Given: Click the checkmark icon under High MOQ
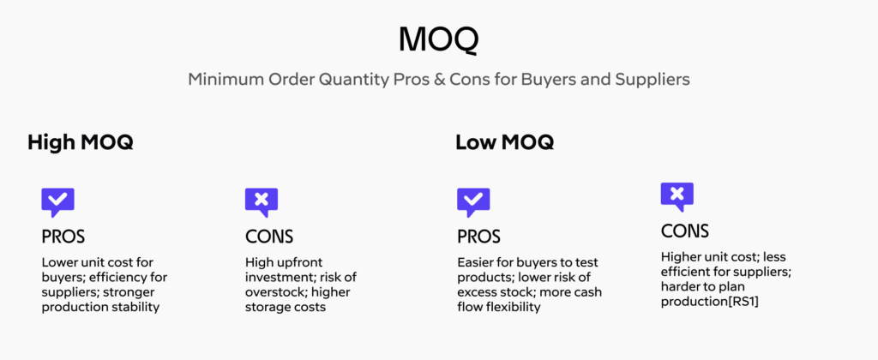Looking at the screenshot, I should [57, 202].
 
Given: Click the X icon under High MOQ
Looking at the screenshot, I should [262, 202].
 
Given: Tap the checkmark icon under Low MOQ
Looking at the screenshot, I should [473, 202].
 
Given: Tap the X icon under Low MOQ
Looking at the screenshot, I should [677, 196].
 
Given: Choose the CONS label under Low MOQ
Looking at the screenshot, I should [685, 231].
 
